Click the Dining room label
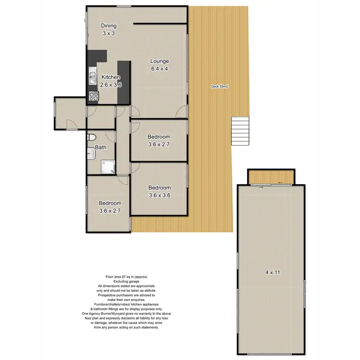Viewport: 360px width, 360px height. pos(108,26)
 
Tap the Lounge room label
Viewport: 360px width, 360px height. pos(159,61)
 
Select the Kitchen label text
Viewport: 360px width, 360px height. pos(110,77)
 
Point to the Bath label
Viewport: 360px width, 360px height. pos(100,147)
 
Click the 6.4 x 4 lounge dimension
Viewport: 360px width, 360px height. pos(159,69)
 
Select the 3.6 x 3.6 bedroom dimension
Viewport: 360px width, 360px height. pos(159,195)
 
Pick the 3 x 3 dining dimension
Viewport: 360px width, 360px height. pos(108,34)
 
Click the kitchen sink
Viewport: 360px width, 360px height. pos(92,77)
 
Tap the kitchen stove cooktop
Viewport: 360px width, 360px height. pos(93,96)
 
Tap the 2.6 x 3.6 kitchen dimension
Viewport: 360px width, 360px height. pos(110,85)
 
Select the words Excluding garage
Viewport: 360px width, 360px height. pos(124,282)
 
